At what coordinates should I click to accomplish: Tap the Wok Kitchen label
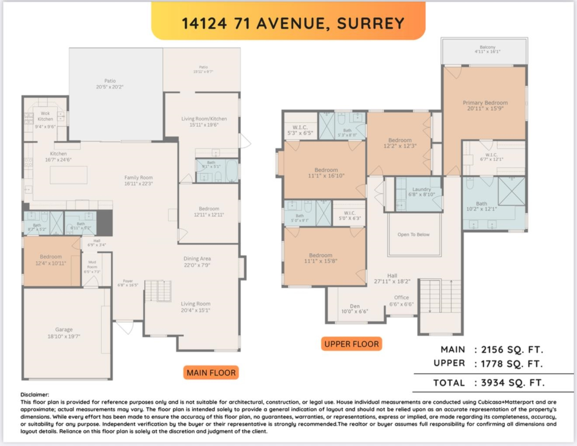(x=46, y=116)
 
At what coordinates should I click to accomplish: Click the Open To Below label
(x=414, y=235)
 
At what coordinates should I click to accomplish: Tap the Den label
(x=354, y=306)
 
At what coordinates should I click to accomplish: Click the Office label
(x=401, y=297)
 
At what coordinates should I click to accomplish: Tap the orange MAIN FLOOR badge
(x=211, y=372)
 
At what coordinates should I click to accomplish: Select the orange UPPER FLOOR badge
(x=351, y=344)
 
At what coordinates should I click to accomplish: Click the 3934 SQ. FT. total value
(x=509, y=383)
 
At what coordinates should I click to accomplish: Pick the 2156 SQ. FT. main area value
(x=509, y=349)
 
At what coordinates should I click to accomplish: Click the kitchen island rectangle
(x=68, y=174)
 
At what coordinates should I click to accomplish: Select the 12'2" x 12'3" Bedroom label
(x=400, y=143)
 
